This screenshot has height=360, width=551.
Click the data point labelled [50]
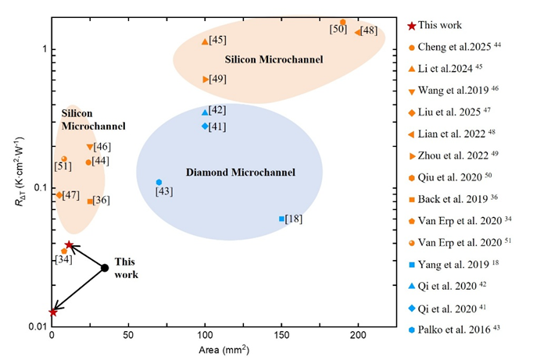pyautogui.click(x=343, y=23)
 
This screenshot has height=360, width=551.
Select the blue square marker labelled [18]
pyautogui.click(x=281, y=219)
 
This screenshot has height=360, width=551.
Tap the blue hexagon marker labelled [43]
pyautogui.click(x=159, y=182)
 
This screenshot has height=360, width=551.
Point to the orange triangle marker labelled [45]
pyautogui.click(x=205, y=41)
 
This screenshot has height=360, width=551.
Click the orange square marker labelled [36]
pyautogui.click(x=90, y=201)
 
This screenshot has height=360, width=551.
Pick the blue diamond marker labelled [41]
pyautogui.click(x=205, y=126)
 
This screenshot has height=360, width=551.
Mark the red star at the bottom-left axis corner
pyautogui.click(x=52, y=312)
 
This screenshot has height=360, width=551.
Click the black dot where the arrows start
pyautogui.click(x=105, y=268)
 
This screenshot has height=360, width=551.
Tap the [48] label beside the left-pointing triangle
pyautogui.click(x=369, y=30)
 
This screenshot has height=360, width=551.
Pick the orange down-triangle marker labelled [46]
pyautogui.click(x=90, y=147)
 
